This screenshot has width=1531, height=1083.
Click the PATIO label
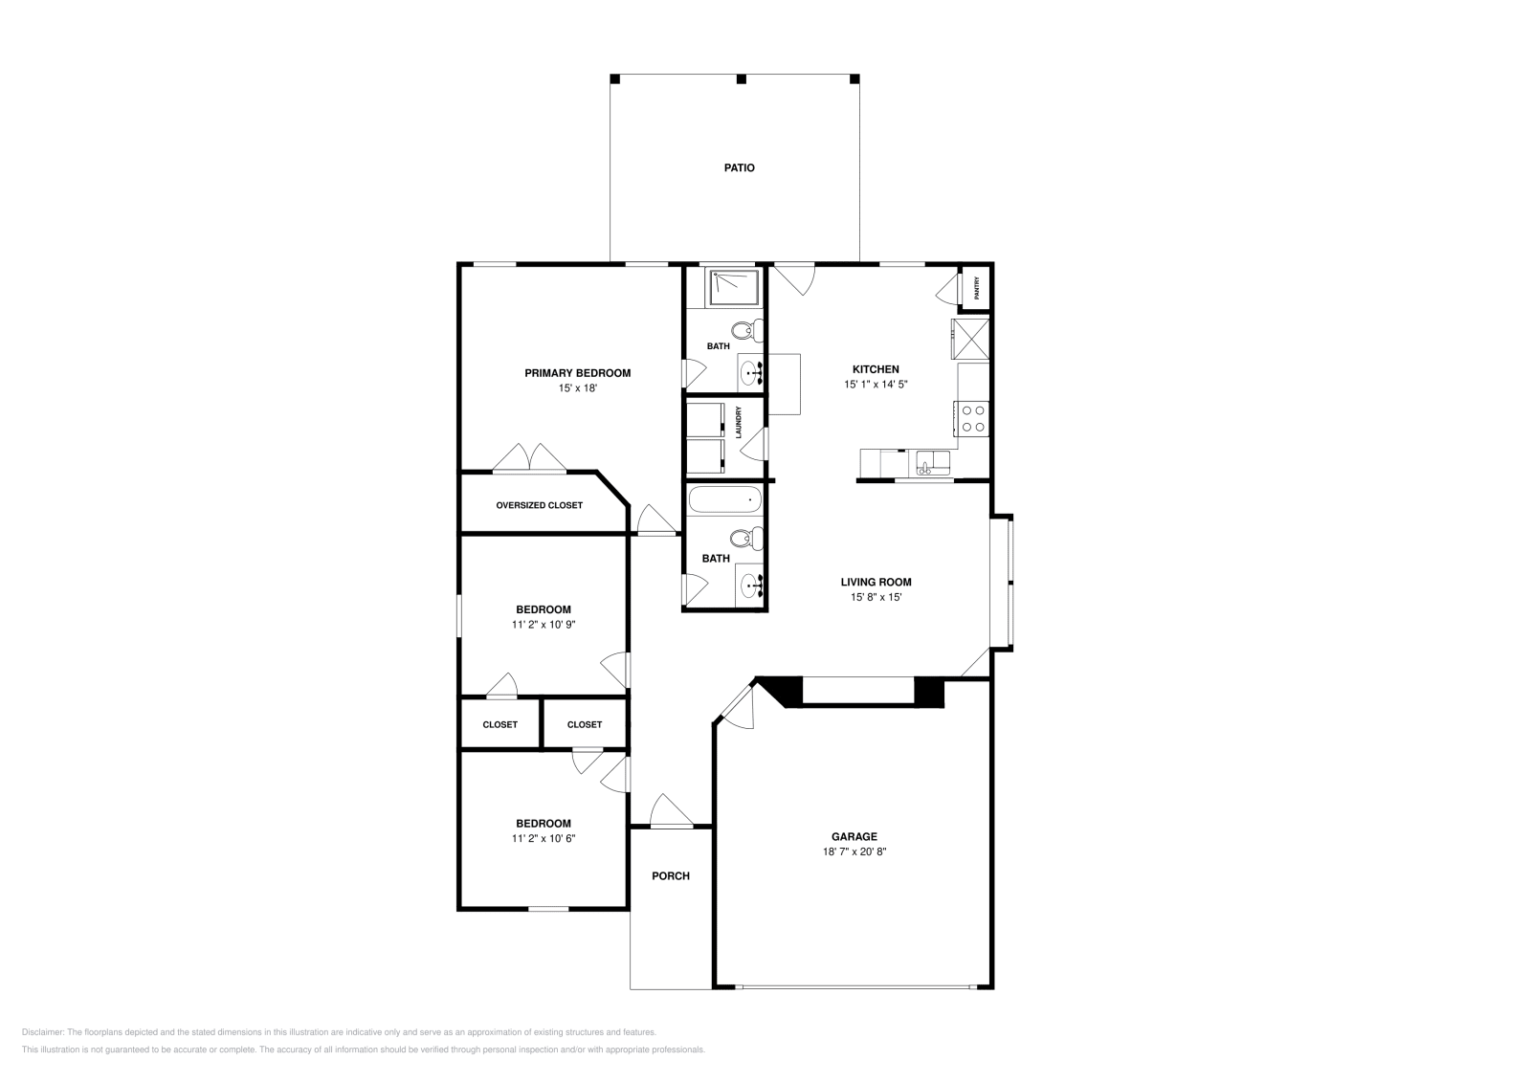[739, 167]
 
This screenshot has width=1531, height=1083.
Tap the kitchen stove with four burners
[973, 418]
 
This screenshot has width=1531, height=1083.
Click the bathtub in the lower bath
[724, 500]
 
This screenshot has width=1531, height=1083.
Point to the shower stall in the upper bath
[734, 287]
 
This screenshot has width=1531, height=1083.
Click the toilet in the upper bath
[753, 331]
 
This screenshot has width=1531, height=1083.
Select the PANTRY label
[976, 288]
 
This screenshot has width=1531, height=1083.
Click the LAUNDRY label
[739, 422]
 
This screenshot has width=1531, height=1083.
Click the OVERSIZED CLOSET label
[539, 505]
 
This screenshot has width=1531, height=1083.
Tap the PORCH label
[671, 875]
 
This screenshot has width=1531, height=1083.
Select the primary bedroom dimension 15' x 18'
[577, 388]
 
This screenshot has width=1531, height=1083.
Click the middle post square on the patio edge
[741, 78]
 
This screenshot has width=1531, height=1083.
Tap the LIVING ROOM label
[876, 582]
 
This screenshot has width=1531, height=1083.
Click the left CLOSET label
[499, 724]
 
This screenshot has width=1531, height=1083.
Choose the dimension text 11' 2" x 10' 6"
[543, 838]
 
